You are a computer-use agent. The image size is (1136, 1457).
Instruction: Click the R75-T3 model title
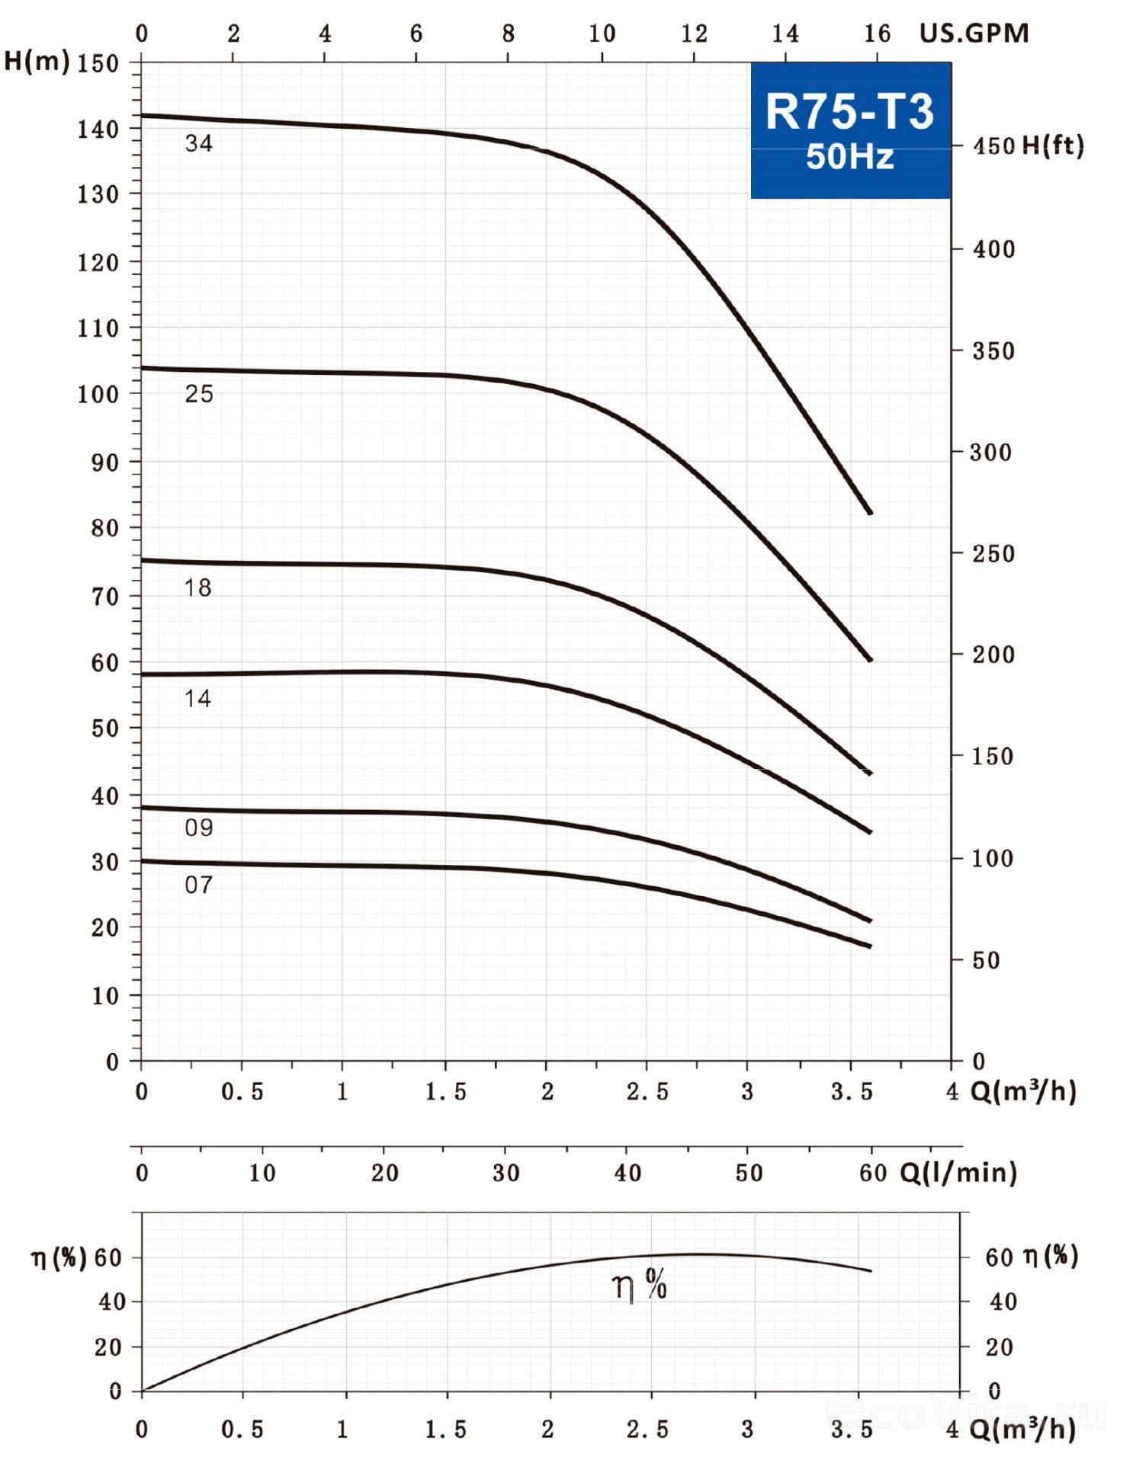click(x=849, y=111)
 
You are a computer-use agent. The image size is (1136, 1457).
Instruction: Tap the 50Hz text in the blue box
click(x=849, y=156)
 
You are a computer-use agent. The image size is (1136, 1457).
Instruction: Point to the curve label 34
click(x=198, y=143)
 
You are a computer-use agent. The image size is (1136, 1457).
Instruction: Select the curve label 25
click(x=198, y=394)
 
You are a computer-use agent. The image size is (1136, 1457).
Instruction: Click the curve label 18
click(x=197, y=588)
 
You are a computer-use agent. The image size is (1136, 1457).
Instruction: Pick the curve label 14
click(x=197, y=698)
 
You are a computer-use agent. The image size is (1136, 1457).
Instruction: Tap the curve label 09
click(x=198, y=828)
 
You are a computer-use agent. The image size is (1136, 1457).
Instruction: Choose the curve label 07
click(x=198, y=885)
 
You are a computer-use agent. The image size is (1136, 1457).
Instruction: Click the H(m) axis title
click(x=37, y=61)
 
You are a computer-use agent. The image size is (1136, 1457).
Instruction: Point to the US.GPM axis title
click(x=974, y=34)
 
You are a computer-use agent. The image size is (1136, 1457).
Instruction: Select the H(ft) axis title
click(x=1052, y=145)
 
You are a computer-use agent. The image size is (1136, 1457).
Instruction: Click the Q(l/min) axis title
click(x=958, y=1172)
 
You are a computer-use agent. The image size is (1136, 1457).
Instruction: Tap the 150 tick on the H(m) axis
click(x=98, y=63)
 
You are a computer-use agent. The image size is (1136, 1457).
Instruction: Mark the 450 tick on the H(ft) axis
click(x=993, y=146)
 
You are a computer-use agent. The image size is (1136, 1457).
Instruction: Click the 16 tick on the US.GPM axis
click(x=877, y=34)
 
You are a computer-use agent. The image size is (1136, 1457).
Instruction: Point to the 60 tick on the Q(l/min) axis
click(x=873, y=1173)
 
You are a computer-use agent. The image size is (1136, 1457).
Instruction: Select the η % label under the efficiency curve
click(x=639, y=1286)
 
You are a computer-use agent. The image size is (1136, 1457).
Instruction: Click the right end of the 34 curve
click(x=870, y=513)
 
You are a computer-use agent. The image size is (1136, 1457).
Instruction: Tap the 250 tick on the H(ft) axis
click(x=993, y=554)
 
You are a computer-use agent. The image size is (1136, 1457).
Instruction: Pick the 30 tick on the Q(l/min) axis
click(x=505, y=1173)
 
